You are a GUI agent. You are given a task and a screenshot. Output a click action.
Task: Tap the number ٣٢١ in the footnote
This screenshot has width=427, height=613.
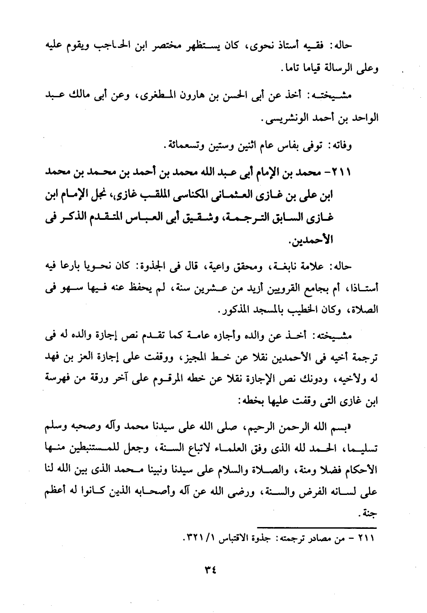point(195,540)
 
